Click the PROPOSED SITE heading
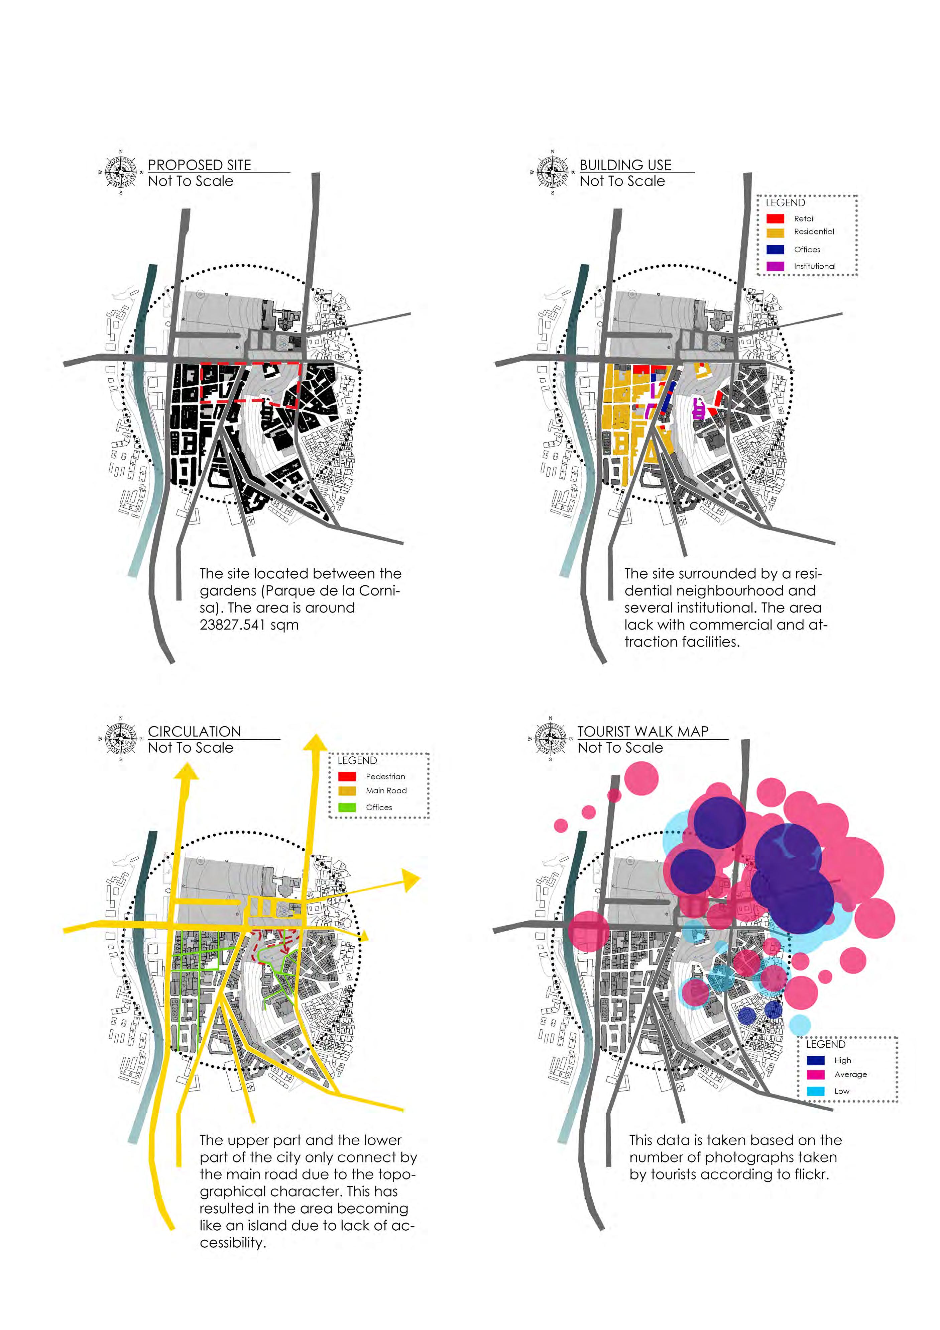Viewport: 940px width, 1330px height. (x=200, y=165)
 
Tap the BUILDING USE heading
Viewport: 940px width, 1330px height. (x=626, y=165)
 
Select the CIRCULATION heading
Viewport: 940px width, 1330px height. (x=195, y=732)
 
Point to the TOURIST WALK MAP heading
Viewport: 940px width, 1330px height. (x=643, y=732)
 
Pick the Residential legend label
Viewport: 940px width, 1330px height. (x=814, y=232)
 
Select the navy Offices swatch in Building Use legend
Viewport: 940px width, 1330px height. (x=775, y=250)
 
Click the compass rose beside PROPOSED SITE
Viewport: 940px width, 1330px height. (x=121, y=172)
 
